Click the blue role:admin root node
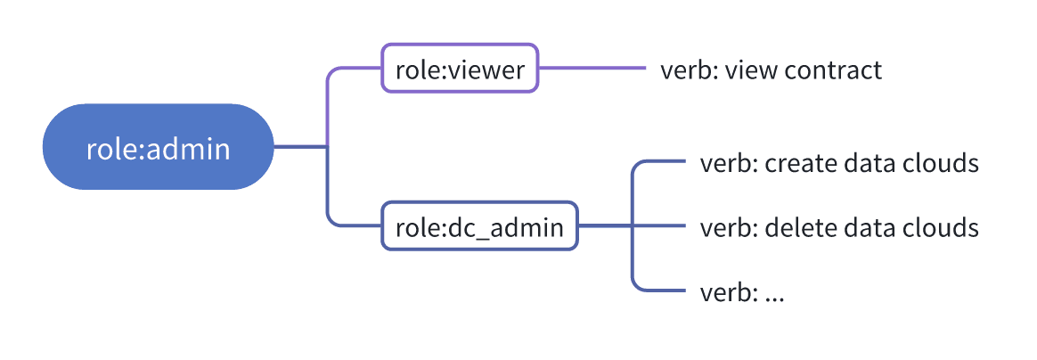158,147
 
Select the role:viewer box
460,68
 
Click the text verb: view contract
772,70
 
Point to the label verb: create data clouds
839,163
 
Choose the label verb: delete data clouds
839,227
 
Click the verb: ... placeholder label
742,292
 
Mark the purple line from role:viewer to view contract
592,68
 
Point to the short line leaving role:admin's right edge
301,147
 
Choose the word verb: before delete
729,227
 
